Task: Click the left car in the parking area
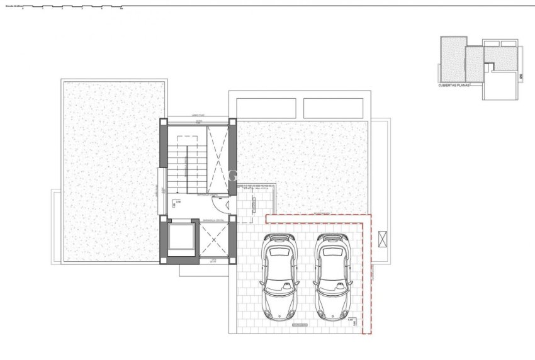(280, 275)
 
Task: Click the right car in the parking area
(332, 275)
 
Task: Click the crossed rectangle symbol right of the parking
(384, 239)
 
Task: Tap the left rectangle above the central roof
(264, 107)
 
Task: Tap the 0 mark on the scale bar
(23, 9)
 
